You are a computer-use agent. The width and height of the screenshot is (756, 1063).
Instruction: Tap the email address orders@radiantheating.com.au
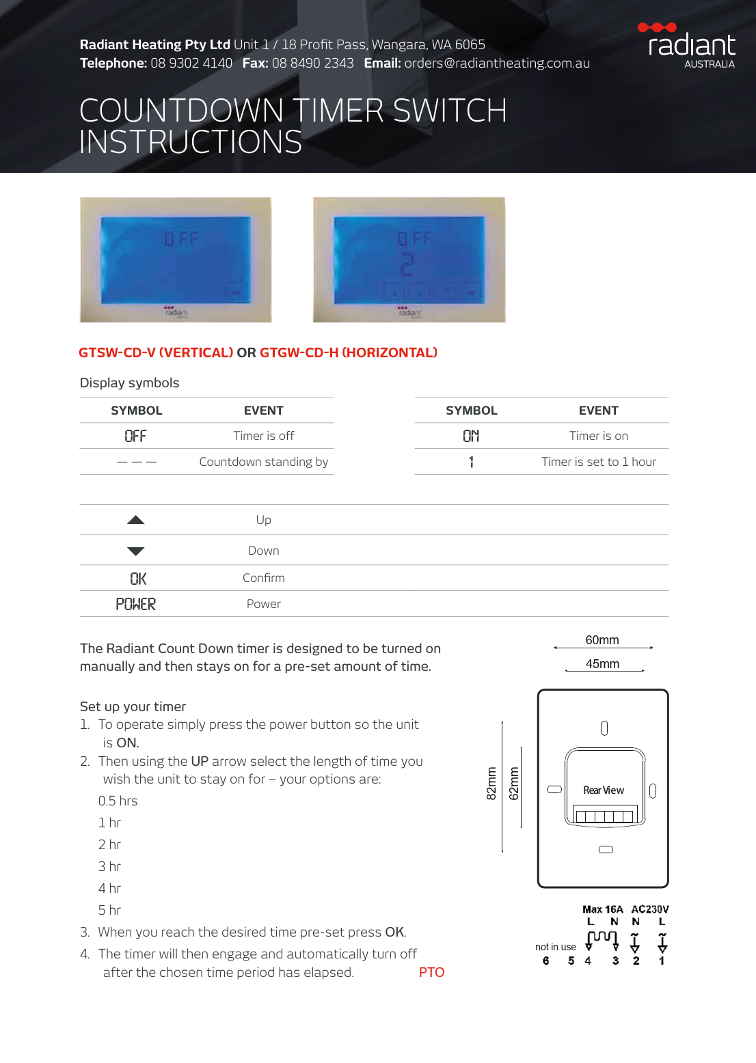click(497, 64)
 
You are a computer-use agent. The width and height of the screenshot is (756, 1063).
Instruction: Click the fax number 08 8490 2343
click(312, 64)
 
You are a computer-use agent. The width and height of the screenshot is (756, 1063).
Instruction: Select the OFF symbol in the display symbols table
click(135, 436)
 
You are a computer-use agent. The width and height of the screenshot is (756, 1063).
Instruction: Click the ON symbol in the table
click(471, 436)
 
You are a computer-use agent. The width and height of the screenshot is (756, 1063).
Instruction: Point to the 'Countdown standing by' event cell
click(263, 462)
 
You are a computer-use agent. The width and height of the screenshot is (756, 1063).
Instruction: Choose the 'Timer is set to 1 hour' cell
click(598, 462)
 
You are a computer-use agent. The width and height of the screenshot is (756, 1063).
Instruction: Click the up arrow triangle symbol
click(136, 520)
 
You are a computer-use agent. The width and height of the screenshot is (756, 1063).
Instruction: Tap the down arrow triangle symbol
click(136, 551)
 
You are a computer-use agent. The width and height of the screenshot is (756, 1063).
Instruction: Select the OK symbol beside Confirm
click(138, 579)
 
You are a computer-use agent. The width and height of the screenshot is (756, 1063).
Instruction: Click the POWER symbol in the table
click(135, 604)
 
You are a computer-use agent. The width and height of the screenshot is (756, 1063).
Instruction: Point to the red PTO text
click(431, 972)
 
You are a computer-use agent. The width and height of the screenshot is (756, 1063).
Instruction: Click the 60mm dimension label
click(602, 640)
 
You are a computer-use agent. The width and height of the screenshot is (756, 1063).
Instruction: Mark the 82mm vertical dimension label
click(491, 783)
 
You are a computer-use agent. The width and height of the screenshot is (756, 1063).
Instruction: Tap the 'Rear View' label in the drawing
click(604, 790)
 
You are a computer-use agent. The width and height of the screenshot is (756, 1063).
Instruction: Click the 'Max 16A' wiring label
click(602, 909)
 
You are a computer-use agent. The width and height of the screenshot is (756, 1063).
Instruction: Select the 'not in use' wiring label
click(555, 947)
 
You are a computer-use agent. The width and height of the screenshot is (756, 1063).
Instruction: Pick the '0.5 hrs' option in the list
click(118, 801)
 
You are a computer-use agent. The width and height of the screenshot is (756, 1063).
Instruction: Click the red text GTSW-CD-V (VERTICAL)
click(156, 353)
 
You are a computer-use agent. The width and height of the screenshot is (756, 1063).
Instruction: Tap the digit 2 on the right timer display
click(407, 264)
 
